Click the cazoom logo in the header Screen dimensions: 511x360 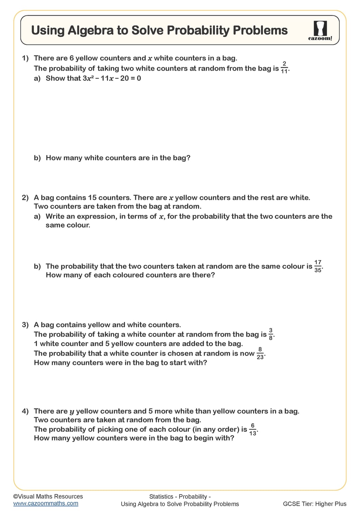pos(320,31)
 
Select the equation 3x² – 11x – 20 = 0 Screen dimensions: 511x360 pos(112,79)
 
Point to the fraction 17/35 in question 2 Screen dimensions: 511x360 pos(318,266)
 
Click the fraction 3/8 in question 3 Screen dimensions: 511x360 pos(271,334)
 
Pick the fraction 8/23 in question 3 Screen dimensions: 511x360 pos(260,353)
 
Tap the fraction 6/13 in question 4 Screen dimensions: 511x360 pos(253,429)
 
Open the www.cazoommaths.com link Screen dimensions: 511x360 pos(46,504)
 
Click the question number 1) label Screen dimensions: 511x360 pos(25,58)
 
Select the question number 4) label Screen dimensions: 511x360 pos(25,411)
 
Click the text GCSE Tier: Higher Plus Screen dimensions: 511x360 pos(314,504)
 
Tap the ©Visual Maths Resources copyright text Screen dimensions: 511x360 pos(48,496)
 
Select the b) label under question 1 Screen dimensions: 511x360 pos(37,158)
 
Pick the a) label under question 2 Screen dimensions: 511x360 pos(37,217)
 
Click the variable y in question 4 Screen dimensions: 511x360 pos(72,412)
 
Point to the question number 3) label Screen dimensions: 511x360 pos(25,325)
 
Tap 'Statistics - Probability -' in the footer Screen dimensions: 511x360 pos(180,496)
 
